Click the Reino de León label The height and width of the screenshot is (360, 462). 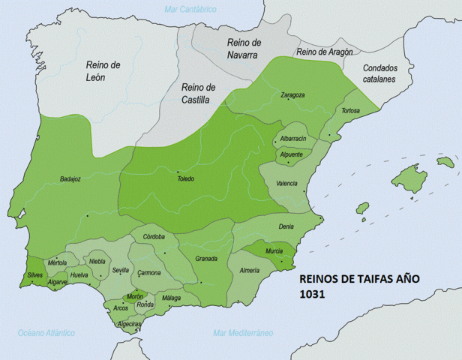(103, 71)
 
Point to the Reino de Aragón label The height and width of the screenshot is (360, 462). (324, 52)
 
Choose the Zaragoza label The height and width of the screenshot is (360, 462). (292, 95)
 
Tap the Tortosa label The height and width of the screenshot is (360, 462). (350, 111)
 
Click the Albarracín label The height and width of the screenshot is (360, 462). (292, 139)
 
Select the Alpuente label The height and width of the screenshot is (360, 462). (291, 154)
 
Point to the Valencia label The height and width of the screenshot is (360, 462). (287, 183)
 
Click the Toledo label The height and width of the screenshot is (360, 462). (184, 178)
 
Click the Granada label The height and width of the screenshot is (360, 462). (205, 259)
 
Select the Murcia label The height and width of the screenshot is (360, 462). (274, 251)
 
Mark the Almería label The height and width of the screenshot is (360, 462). (249, 270)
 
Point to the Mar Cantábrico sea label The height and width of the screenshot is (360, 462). (190, 9)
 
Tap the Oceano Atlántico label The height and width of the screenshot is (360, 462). (46, 332)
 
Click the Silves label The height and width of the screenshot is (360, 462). (35, 276)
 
